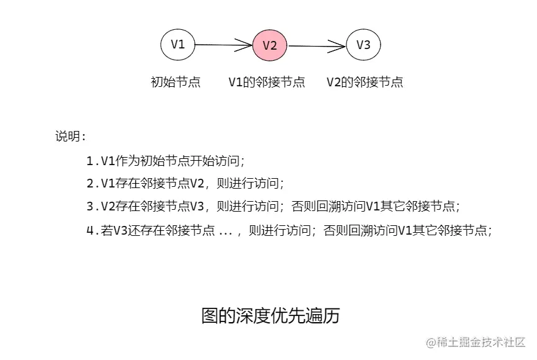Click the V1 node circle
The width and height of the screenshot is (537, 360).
(178, 44)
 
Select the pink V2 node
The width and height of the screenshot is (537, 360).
(269, 45)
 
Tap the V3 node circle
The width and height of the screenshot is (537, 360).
(363, 45)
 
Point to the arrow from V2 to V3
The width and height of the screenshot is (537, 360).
(317, 45)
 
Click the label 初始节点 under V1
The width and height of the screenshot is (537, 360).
(176, 82)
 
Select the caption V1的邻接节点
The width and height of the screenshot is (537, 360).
(267, 82)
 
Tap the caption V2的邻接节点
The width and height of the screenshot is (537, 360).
(365, 82)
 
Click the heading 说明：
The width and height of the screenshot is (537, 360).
(71, 137)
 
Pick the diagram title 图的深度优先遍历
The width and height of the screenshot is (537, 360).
(271, 315)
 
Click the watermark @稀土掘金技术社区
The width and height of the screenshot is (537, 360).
(476, 342)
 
